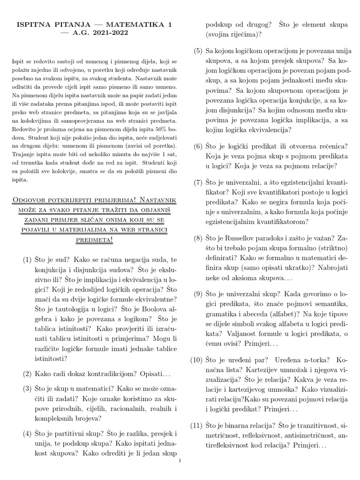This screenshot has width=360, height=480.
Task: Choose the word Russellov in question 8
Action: [242, 239]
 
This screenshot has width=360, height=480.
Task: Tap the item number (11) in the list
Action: [197, 426]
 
